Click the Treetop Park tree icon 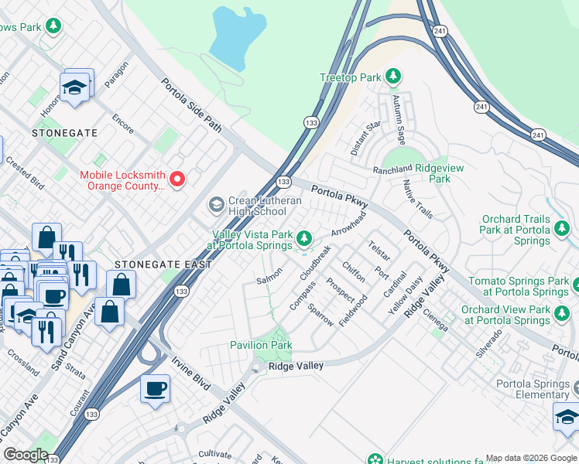(394, 76)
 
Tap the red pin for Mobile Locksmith (177, 180)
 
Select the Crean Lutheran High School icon (216, 205)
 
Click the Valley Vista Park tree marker (304, 237)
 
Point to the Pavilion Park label (261, 345)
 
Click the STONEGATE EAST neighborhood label (163, 264)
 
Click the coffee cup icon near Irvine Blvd (155, 387)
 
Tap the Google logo (26, 455)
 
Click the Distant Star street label (365, 138)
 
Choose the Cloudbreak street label (315, 262)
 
